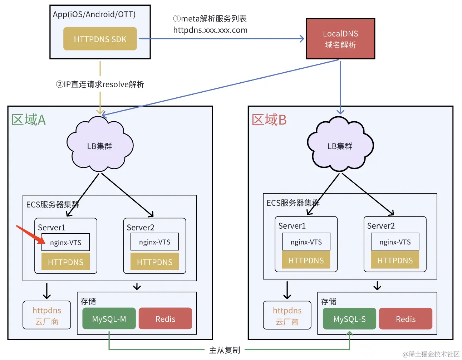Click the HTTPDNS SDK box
[100, 39]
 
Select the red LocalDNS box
[340, 39]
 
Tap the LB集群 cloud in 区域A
[99, 146]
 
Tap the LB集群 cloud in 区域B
[340, 146]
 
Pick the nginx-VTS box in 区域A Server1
[65, 243]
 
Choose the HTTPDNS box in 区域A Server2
[154, 262]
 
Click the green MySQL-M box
[109, 318]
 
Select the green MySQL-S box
[349, 318]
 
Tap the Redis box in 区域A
[165, 318]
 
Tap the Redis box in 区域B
[406, 318]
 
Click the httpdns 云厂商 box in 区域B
[287, 316]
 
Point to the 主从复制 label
[225, 350]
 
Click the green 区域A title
[29, 120]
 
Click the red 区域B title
[269, 120]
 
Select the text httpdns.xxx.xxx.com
[210, 30]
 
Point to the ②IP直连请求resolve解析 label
[100, 84]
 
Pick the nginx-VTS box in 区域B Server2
[395, 242]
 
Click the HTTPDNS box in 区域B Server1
[306, 261]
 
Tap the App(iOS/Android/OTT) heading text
[94, 14]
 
